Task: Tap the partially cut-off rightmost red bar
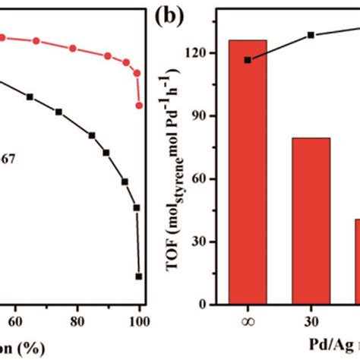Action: click(355, 262)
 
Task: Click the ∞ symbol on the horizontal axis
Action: click(248, 321)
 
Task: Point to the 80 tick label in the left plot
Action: click(77, 321)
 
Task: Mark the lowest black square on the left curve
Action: click(139, 277)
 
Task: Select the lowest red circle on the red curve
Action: click(139, 106)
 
